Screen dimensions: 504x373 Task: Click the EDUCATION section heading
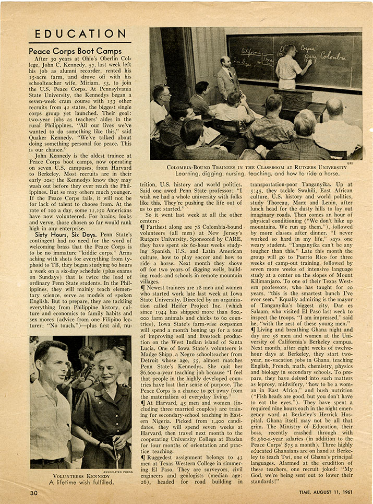(79, 34)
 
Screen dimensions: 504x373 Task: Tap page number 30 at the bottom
(34, 493)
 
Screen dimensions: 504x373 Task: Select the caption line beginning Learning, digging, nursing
(257, 174)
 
